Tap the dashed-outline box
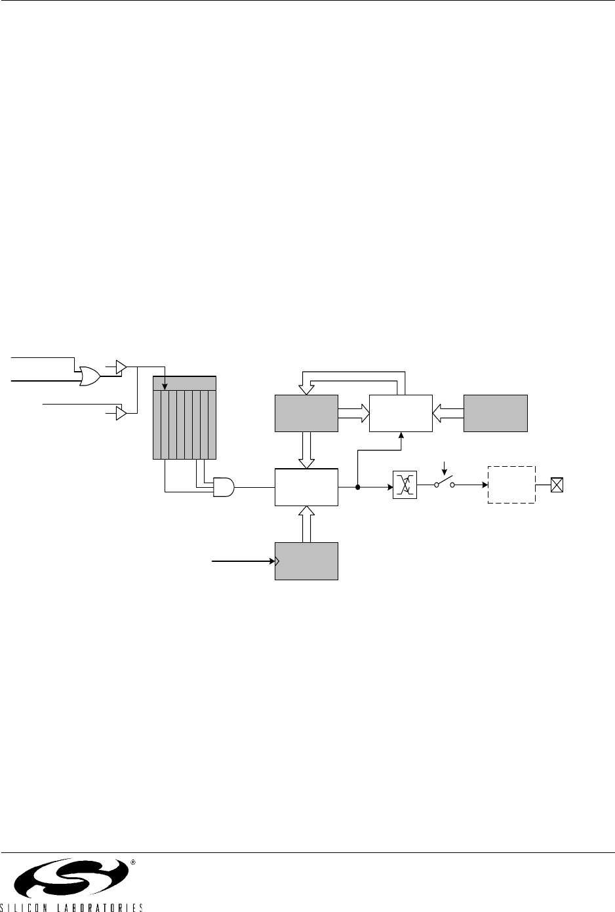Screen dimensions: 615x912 [511, 485]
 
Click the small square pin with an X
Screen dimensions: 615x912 [557, 485]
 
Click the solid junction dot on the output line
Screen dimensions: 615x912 [358, 487]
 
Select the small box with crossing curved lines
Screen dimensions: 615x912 [401, 486]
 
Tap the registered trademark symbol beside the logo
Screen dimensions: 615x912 [132, 862]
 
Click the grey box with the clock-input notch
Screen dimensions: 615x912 [307, 561]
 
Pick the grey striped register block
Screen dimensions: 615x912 [184, 418]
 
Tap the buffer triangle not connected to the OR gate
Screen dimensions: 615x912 [120, 414]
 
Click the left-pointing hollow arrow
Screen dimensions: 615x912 [448, 413]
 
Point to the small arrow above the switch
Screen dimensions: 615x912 [445, 468]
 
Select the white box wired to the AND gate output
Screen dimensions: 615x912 [307, 487]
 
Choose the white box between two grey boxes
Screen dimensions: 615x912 [401, 413]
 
